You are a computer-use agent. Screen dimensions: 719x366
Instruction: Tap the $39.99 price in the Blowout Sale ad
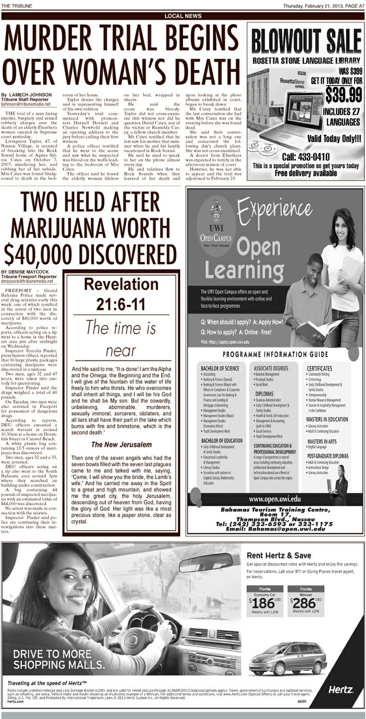tap(343, 94)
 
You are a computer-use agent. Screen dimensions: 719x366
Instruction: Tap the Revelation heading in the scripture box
tap(121, 284)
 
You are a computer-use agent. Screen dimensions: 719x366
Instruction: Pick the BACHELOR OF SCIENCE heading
tap(220, 369)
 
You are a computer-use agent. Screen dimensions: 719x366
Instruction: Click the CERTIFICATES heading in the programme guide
tap(320, 369)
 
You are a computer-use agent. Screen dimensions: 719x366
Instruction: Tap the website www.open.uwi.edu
tap(274, 499)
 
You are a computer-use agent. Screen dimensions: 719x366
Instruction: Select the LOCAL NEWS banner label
tap(183, 16)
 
